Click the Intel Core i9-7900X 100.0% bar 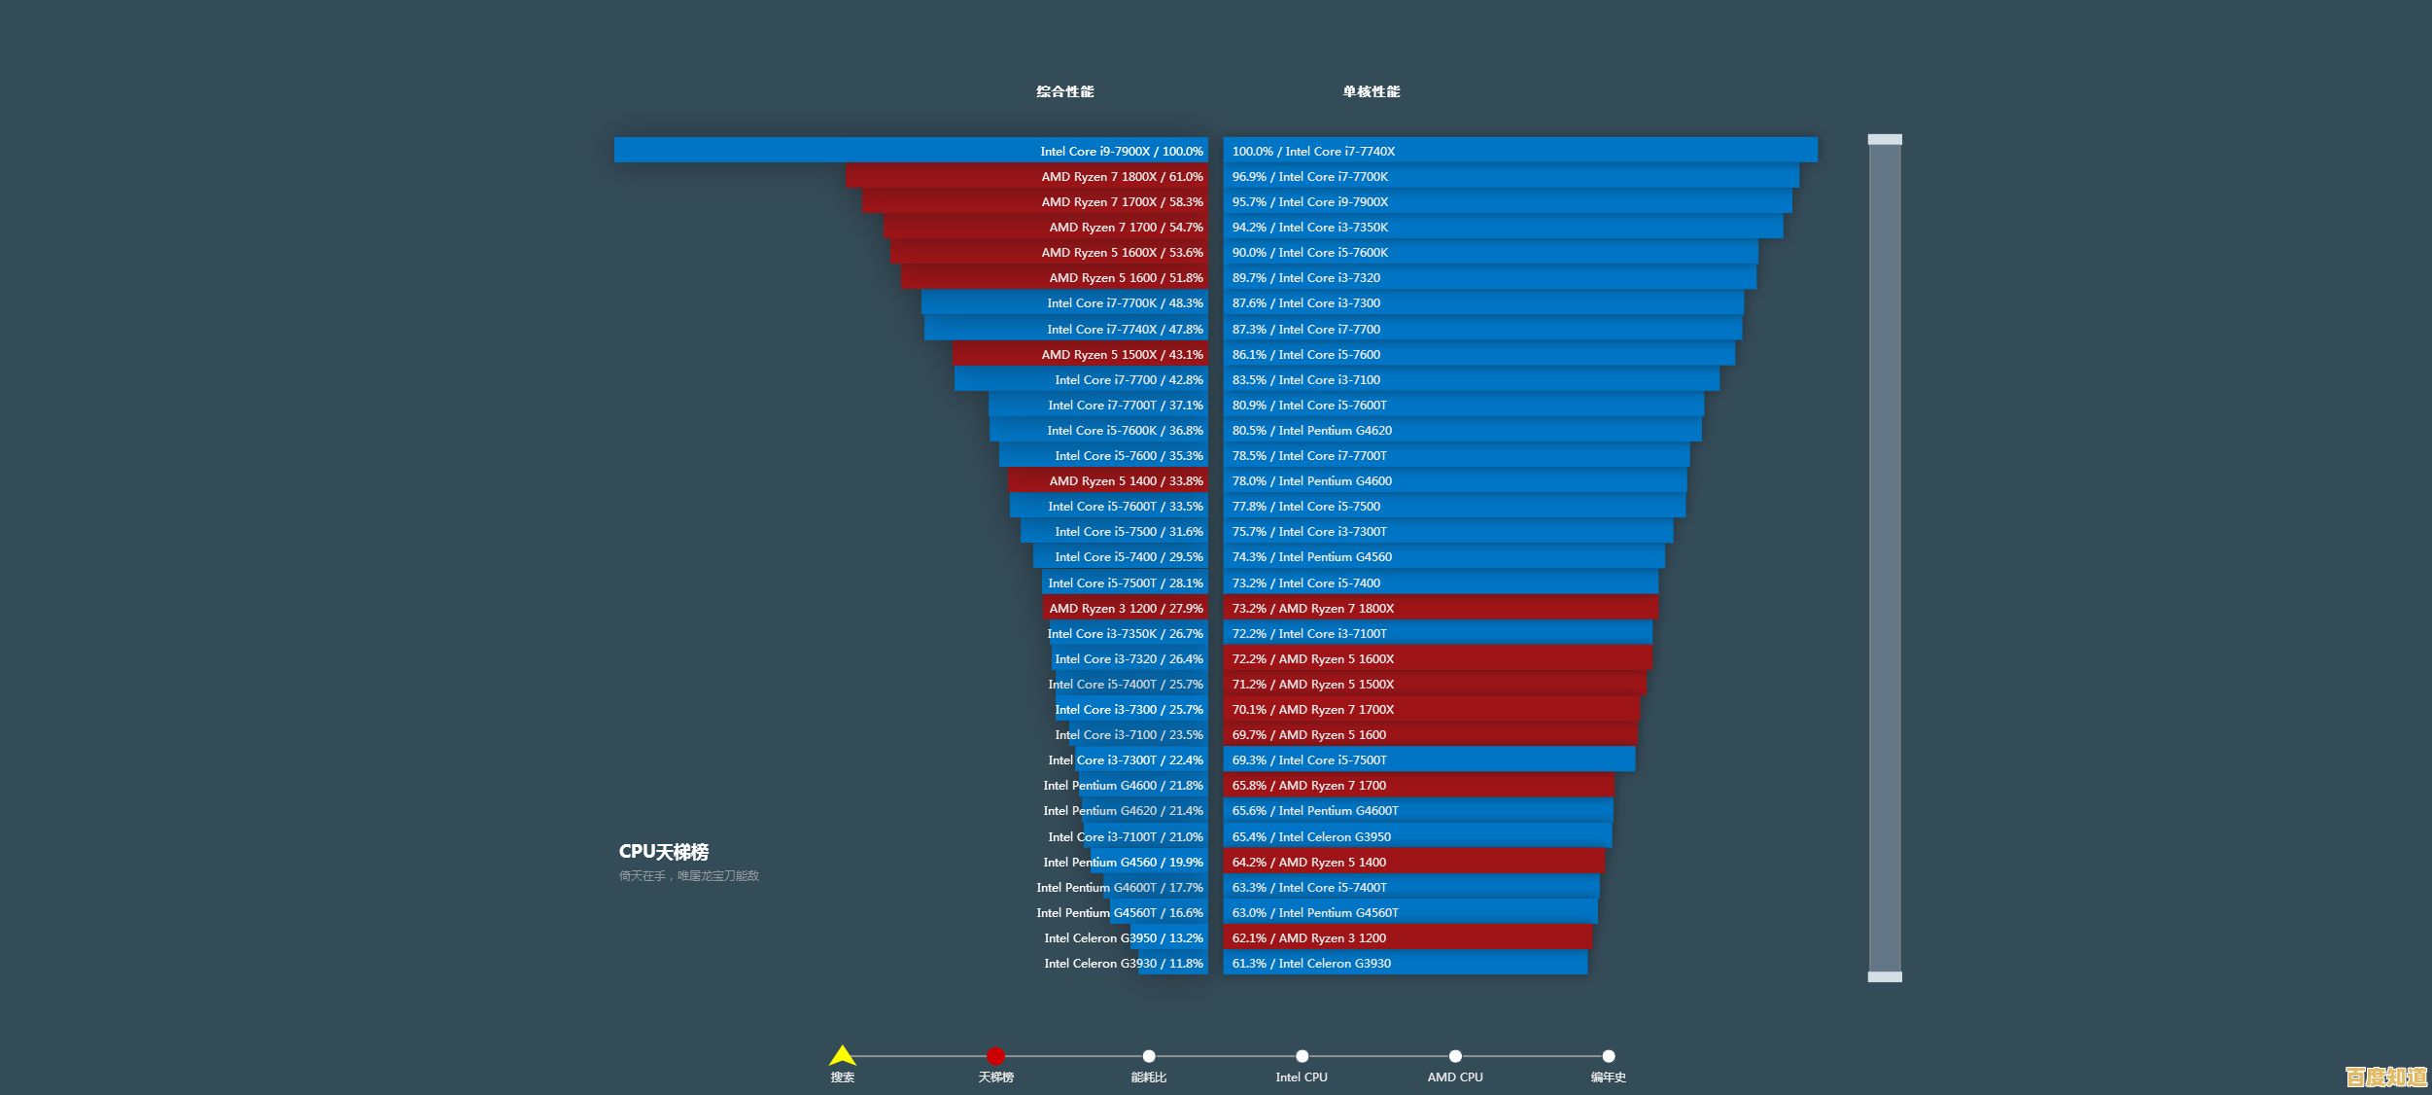(911, 151)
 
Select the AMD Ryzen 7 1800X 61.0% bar (1025, 176)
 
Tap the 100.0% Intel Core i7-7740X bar (1519, 151)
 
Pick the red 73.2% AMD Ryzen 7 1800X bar (1440, 608)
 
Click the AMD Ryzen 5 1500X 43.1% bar (1079, 354)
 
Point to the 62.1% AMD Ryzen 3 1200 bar (1407, 937)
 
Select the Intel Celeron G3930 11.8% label (1123, 964)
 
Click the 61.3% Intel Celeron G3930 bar (1405, 964)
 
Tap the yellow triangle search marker (842, 1056)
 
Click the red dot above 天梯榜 (995, 1056)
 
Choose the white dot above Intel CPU (1302, 1056)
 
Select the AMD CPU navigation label (1454, 1077)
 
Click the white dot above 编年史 (1608, 1056)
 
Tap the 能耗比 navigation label (1148, 1077)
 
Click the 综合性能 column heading (1064, 91)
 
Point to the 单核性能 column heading (1371, 91)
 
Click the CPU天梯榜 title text (664, 852)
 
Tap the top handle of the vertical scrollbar (1884, 140)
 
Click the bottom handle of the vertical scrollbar (1884, 976)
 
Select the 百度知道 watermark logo (2384, 1077)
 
